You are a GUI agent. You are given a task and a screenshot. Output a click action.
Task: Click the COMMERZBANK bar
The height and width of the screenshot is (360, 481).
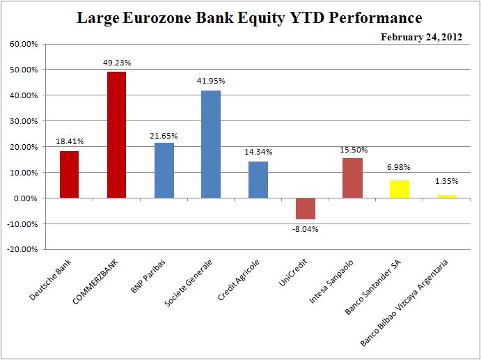(x=116, y=134)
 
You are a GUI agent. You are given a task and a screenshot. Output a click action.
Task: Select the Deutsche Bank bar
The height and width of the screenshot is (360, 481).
(x=70, y=174)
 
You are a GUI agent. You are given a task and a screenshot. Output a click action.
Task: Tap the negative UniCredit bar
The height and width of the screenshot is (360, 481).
(x=305, y=208)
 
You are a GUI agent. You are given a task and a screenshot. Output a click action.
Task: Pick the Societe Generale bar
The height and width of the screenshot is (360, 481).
(x=211, y=144)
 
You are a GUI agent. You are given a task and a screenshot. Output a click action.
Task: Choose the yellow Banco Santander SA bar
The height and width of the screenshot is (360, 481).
(x=400, y=189)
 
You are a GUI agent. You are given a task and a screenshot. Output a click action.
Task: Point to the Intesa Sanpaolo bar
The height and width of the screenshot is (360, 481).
(x=352, y=178)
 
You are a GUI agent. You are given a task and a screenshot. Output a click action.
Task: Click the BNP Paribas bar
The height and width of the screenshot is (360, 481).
(x=164, y=170)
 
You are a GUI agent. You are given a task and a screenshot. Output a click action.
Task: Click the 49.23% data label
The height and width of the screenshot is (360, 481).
(x=116, y=62)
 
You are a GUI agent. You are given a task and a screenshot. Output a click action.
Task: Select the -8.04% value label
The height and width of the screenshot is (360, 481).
(x=305, y=229)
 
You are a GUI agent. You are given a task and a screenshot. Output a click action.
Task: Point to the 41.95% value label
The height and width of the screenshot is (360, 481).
(x=211, y=81)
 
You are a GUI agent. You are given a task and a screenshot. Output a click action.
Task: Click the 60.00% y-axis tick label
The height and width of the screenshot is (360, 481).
(x=23, y=44)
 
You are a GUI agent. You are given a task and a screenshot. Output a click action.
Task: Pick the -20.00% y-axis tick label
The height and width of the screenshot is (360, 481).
(x=22, y=249)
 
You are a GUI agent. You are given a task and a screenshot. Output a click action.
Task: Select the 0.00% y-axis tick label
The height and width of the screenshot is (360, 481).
(x=25, y=198)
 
